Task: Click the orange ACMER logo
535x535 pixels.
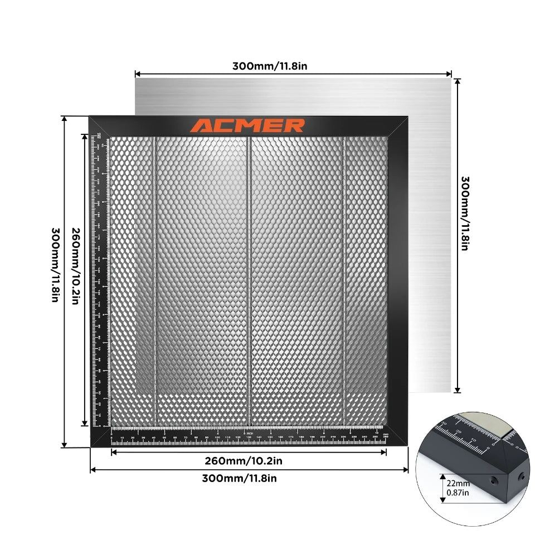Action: (x=247, y=125)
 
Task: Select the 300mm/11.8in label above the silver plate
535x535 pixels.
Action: (x=270, y=66)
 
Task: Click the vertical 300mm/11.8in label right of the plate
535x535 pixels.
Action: (x=464, y=213)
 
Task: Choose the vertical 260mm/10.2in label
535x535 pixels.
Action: (x=75, y=266)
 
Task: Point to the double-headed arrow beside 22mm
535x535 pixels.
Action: (x=443, y=488)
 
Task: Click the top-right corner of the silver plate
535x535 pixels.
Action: (x=451, y=77)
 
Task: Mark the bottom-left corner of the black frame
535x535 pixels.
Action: (x=91, y=446)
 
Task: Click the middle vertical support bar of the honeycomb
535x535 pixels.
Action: (x=249, y=279)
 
